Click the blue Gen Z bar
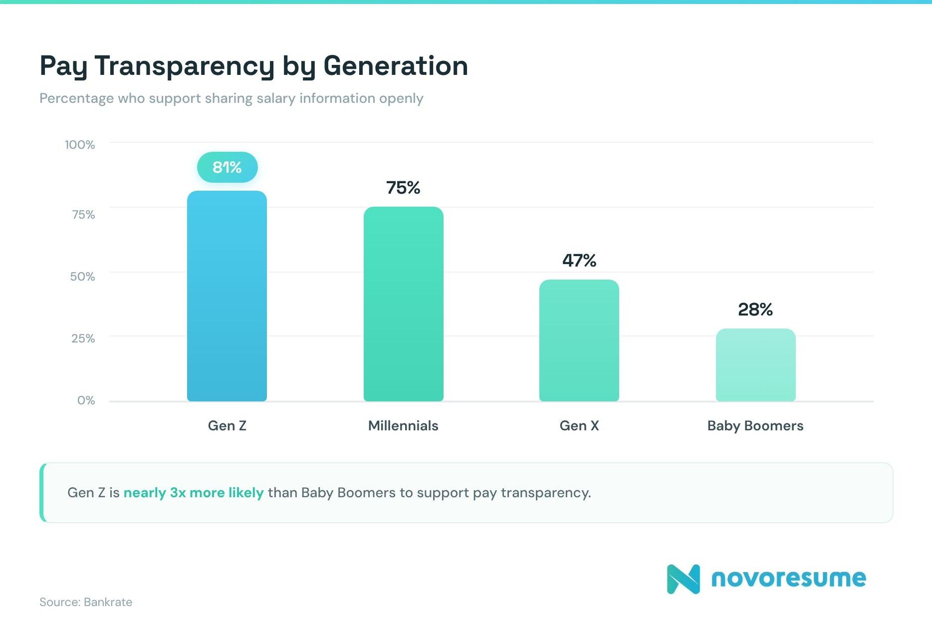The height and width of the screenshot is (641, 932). tap(227, 296)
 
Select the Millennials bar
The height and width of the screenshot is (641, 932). tap(403, 304)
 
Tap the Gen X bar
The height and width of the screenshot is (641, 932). tap(579, 340)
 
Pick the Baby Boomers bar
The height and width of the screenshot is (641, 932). tap(755, 365)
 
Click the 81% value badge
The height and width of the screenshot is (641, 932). tap(228, 167)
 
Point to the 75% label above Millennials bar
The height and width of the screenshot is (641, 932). tap(403, 188)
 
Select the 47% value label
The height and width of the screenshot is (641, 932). tap(579, 261)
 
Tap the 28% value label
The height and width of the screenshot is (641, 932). tap(755, 310)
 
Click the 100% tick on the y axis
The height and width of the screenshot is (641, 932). tap(80, 145)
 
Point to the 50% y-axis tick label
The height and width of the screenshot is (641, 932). tap(82, 277)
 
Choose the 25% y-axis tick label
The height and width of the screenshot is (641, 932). tap(83, 338)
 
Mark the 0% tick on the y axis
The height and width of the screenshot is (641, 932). tap(86, 400)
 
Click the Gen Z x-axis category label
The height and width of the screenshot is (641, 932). tap(227, 426)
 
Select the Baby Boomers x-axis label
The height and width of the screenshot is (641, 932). tap(755, 426)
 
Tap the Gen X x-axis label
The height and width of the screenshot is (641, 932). tap(579, 426)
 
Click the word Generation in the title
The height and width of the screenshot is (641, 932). tap(396, 66)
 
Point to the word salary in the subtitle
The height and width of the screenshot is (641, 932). tap(276, 98)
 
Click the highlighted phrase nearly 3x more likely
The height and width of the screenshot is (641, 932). tap(194, 493)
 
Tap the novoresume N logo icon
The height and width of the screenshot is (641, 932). tap(683, 579)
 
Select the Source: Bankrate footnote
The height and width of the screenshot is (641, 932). tap(86, 602)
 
